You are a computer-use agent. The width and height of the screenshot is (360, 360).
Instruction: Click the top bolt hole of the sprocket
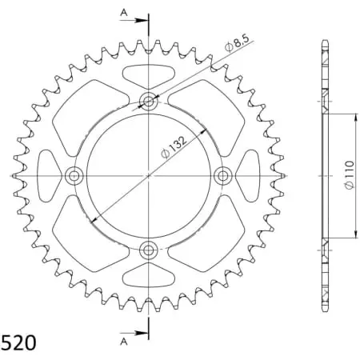[x=149, y=100]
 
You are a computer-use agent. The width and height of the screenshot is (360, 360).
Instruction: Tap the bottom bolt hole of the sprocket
[x=149, y=250]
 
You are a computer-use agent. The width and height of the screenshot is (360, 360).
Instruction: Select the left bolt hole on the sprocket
[x=74, y=175]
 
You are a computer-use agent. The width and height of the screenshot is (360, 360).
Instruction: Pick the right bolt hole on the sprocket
[x=223, y=175]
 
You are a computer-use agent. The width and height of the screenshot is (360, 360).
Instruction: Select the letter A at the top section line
[x=123, y=12]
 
